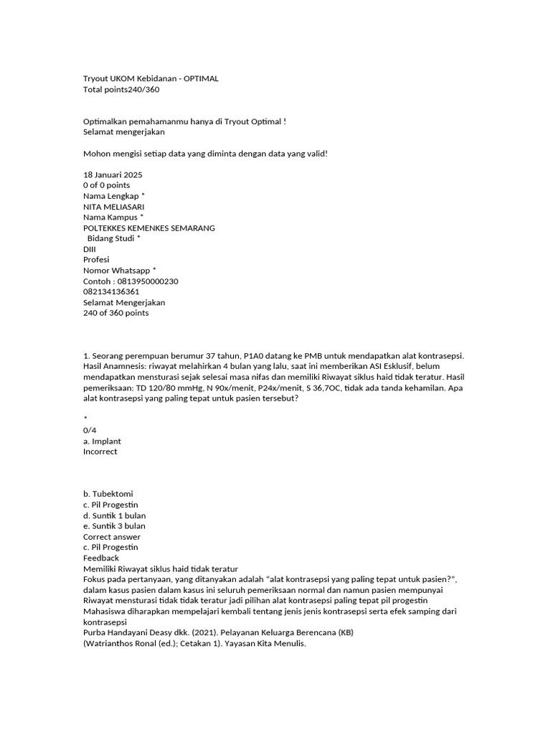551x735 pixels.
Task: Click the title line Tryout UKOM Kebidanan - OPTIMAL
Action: coord(151,78)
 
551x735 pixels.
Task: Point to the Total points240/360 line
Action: coord(121,89)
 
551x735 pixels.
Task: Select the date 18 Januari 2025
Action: coord(113,174)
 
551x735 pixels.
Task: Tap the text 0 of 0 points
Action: coord(107,185)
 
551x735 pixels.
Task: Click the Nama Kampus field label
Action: coord(113,217)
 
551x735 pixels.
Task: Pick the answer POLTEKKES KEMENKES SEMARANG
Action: coord(149,228)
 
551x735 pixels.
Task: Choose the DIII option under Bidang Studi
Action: coord(90,249)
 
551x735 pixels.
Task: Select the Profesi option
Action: coord(97,260)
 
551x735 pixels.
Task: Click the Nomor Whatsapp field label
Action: coord(119,271)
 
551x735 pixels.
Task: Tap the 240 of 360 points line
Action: coord(116,313)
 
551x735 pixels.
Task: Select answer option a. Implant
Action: coord(103,441)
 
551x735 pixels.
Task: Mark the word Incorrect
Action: coord(100,451)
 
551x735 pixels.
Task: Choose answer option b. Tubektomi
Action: coord(108,494)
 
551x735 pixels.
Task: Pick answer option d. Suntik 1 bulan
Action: coord(114,515)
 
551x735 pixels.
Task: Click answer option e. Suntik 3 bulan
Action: coord(114,526)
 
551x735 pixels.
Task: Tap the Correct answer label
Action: coord(112,537)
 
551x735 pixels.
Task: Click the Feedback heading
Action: coord(101,558)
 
